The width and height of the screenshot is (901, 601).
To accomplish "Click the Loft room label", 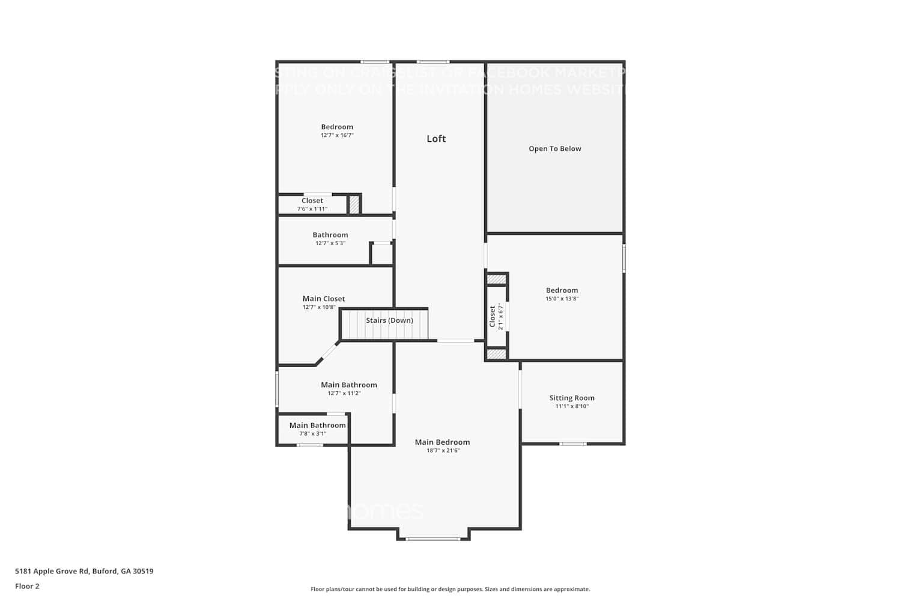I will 436,139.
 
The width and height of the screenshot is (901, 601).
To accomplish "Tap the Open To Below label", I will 555,148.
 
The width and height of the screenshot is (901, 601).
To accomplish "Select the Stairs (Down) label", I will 389,320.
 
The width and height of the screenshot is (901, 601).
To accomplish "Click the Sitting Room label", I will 572,398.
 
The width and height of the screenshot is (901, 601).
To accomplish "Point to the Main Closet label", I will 324,299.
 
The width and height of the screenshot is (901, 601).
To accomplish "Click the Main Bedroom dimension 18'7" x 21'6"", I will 443,451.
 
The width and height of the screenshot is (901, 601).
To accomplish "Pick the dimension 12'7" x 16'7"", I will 337,135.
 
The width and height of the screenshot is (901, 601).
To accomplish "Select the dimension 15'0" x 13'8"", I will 562,299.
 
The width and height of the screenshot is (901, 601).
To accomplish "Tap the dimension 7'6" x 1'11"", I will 312,209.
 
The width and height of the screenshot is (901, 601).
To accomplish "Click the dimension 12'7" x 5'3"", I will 330,243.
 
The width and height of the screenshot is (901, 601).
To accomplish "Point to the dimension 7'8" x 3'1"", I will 313,433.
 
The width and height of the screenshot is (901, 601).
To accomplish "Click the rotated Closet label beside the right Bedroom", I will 493,317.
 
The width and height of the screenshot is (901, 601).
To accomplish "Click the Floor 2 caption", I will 27,586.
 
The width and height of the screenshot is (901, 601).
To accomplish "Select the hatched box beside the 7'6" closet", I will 354,204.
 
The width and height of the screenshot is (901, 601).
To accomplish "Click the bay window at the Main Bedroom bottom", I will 433,538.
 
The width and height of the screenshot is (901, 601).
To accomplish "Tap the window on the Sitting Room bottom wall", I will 573,444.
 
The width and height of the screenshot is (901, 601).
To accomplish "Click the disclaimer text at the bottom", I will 450,589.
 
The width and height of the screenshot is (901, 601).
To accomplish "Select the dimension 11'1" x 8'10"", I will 572,406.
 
